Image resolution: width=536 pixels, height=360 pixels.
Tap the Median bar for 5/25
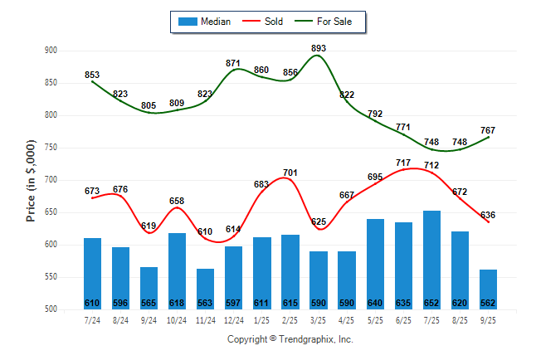[x=375, y=264]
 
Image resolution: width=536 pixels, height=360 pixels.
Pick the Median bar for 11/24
[x=205, y=289]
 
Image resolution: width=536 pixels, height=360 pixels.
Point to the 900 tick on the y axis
[x=51, y=51]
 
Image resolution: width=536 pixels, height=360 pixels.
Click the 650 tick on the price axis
[x=51, y=212]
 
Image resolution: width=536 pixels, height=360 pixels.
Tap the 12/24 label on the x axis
[x=233, y=319]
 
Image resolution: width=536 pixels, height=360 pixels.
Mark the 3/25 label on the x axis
[x=319, y=319]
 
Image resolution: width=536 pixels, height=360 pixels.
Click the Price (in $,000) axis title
[x=31, y=180]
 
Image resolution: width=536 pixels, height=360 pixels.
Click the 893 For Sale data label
[x=319, y=48]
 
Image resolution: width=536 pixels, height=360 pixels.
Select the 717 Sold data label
[x=403, y=163]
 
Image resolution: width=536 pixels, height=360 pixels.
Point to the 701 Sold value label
[x=290, y=173]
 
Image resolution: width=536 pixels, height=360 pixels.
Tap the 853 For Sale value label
[x=92, y=75]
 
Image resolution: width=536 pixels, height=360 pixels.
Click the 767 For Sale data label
[x=488, y=130]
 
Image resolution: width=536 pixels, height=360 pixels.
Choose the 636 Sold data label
[x=488, y=215]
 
